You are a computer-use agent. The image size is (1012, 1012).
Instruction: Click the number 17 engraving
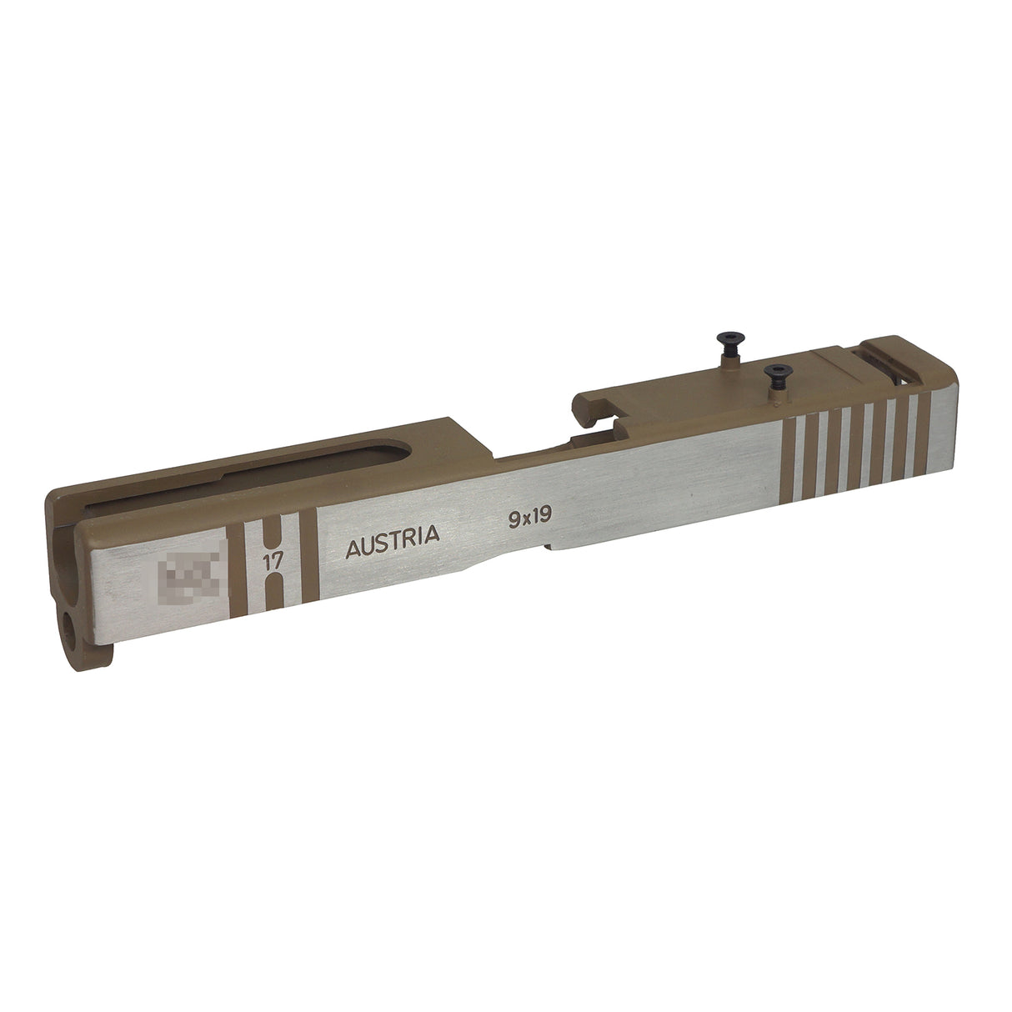tap(271, 560)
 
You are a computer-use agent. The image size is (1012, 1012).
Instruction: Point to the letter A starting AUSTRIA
tap(353, 550)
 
